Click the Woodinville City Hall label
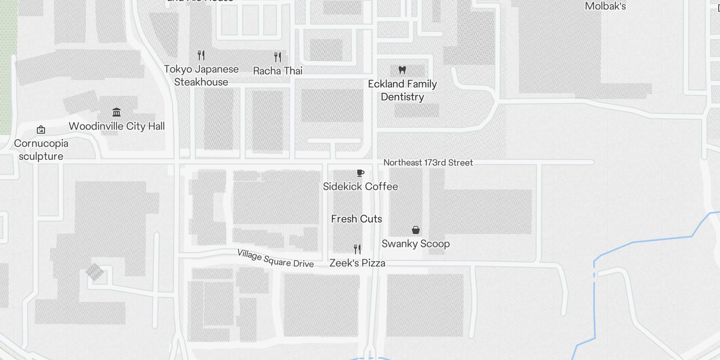(x=117, y=126)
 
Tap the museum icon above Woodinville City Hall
(x=117, y=112)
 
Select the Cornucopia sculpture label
(x=41, y=150)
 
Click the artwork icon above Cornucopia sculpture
(x=41, y=130)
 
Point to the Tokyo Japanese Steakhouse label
(x=201, y=76)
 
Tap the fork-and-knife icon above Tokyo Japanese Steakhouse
(x=201, y=55)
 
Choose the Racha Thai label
(x=278, y=71)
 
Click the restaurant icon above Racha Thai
(x=278, y=57)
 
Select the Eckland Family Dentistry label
(x=402, y=90)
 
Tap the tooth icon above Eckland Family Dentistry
(x=402, y=70)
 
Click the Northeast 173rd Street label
(x=428, y=163)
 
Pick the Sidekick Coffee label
(x=360, y=187)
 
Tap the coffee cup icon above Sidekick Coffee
(x=360, y=173)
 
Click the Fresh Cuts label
(x=356, y=219)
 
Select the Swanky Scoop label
(x=415, y=244)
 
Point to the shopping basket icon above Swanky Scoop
(x=416, y=230)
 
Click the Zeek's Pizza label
(x=357, y=263)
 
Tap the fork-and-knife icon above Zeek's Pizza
(x=357, y=249)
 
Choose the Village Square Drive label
(x=275, y=258)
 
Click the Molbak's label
(x=605, y=6)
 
